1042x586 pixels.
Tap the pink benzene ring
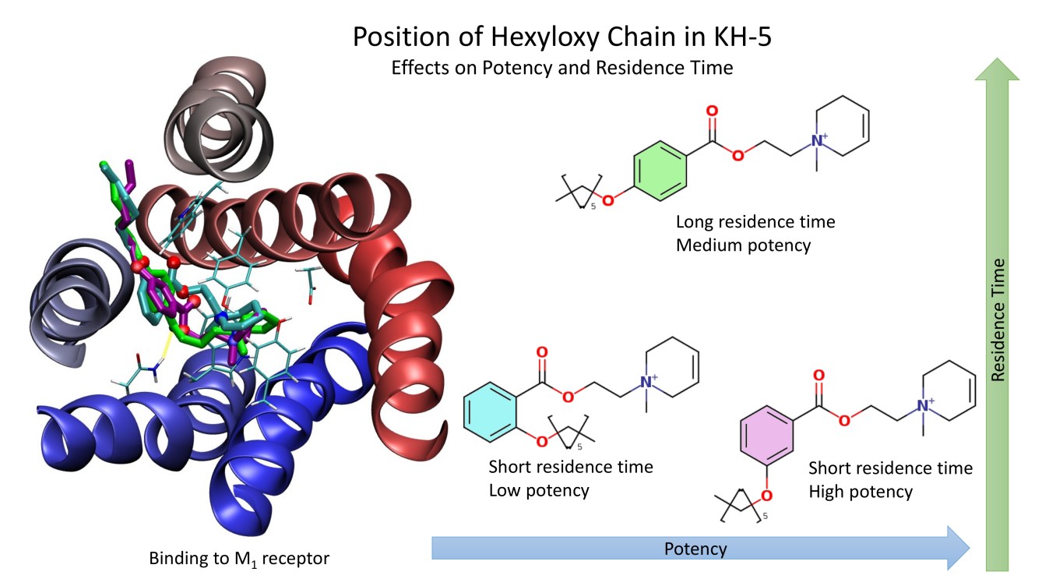click(x=768, y=433)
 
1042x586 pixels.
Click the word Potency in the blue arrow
click(x=695, y=549)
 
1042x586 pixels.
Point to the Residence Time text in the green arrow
click(x=998, y=319)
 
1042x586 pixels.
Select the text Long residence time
click(x=755, y=222)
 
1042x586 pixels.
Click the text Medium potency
click(x=743, y=245)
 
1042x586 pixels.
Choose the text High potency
click(x=860, y=491)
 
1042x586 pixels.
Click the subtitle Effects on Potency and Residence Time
click(x=562, y=67)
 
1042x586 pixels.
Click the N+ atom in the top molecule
click(x=818, y=141)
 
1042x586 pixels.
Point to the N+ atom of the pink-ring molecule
click(x=924, y=406)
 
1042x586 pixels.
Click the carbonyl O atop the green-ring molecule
click(x=712, y=111)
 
